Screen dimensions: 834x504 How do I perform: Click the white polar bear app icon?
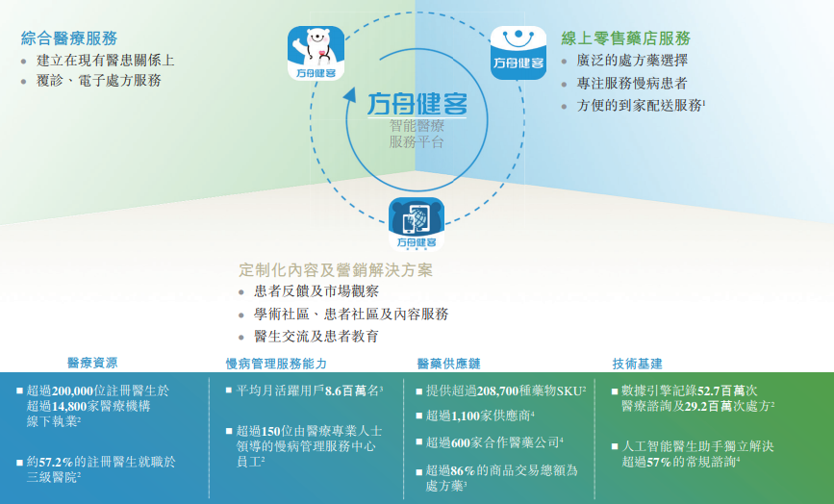pyautogui.click(x=316, y=54)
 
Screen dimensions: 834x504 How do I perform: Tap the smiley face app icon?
pyautogui.click(x=518, y=53)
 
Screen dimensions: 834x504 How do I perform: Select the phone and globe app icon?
pyautogui.click(x=417, y=224)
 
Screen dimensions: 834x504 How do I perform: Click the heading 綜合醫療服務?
pyautogui.click(x=69, y=38)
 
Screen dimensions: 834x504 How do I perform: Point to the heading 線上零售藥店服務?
pyautogui.click(x=626, y=38)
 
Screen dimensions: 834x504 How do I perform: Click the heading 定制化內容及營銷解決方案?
pyautogui.click(x=336, y=270)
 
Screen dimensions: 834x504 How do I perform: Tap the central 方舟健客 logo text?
pyautogui.click(x=417, y=104)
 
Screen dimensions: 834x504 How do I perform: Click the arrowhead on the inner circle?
pyautogui.click(x=349, y=95)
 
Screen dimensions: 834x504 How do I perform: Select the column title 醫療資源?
pyautogui.click(x=92, y=364)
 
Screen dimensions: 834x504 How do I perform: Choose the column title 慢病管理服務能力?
pyautogui.click(x=276, y=364)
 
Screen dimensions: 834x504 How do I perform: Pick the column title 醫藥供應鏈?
pyautogui.click(x=448, y=364)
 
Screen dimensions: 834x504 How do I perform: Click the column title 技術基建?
pyautogui.click(x=637, y=364)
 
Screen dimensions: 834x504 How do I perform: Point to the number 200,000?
pyautogui.click(x=72, y=391)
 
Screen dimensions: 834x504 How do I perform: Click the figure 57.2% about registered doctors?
pyautogui.click(x=56, y=462)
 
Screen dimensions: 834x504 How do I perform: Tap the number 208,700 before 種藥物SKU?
pyautogui.click(x=497, y=391)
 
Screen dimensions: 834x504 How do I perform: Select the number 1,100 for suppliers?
pyautogui.click(x=466, y=416)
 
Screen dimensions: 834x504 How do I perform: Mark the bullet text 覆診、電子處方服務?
pyautogui.click(x=99, y=80)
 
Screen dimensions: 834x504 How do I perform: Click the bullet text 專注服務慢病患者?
pyautogui.click(x=632, y=83)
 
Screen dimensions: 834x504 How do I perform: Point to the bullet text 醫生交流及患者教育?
pyautogui.click(x=316, y=336)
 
